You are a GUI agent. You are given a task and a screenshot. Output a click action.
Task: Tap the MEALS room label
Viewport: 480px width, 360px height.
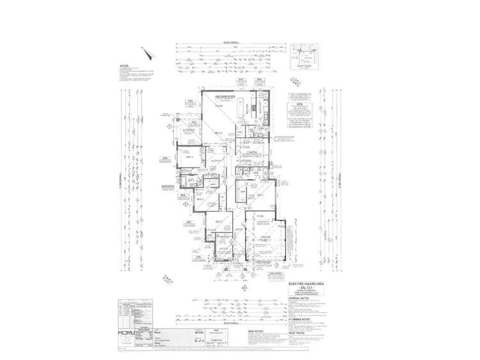click(219, 132)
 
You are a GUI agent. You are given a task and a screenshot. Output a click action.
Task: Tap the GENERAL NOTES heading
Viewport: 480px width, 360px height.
click(298, 299)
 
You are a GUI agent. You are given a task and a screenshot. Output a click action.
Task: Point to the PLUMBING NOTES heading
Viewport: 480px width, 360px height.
click(300, 318)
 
